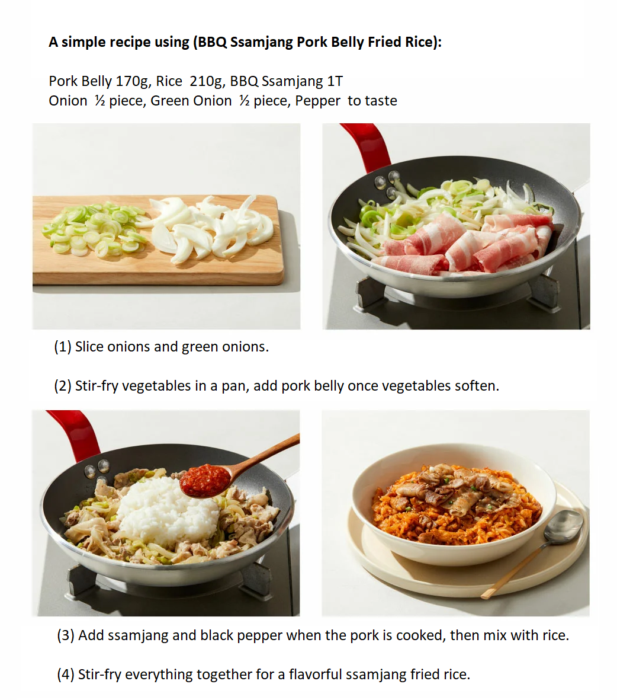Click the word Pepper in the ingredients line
pos(317,101)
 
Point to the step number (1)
pos(62,347)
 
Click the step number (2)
pos(62,386)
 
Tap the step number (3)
pos(66,635)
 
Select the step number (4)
pos(66,674)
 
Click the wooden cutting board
pos(158,263)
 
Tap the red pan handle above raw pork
pos(367,145)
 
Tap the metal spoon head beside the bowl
pos(563,527)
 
